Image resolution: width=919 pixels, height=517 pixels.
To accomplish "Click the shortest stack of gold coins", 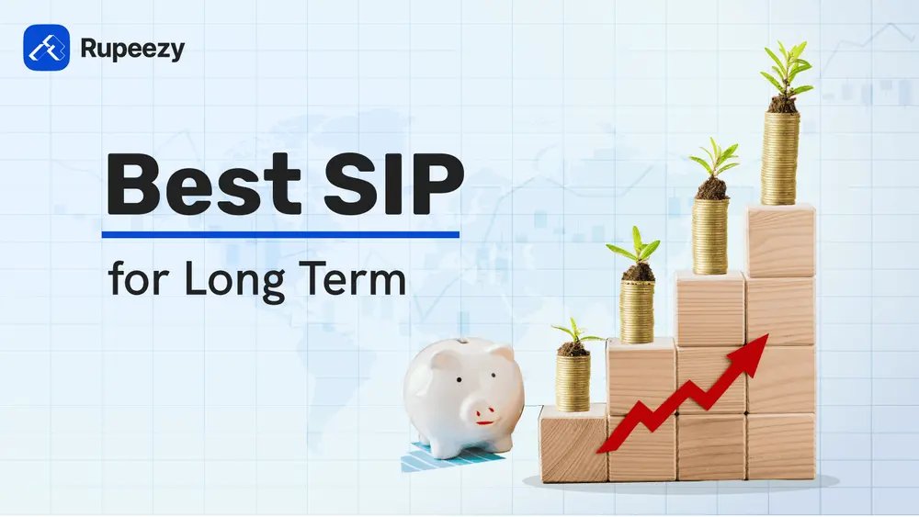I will (573, 382).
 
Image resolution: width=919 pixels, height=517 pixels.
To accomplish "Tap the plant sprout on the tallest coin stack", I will (786, 73).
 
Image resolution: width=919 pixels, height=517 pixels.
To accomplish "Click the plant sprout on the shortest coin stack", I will (573, 336).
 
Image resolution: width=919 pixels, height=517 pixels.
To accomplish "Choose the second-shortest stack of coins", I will (637, 310).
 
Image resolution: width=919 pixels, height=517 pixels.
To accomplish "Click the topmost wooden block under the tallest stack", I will (780, 241).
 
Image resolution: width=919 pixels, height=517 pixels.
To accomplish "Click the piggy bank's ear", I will (501, 354).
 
